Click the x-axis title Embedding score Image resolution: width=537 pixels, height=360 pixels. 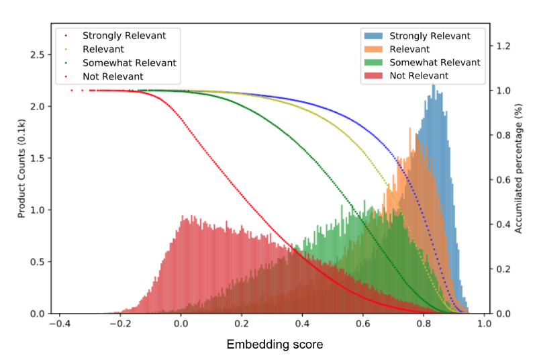pos(275,345)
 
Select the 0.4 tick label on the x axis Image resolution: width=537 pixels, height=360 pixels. pos(302,324)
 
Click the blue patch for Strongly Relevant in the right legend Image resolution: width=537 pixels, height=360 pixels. pos(374,36)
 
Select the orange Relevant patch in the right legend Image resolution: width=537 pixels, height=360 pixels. pos(374,49)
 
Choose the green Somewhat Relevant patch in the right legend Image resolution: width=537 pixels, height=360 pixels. pos(374,62)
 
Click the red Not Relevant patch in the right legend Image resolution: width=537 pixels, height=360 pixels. pos(374,75)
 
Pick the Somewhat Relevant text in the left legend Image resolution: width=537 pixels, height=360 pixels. pos(129,62)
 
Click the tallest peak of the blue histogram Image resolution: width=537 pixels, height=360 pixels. pos(434,86)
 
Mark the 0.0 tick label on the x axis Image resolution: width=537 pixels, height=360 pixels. pos(181,324)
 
